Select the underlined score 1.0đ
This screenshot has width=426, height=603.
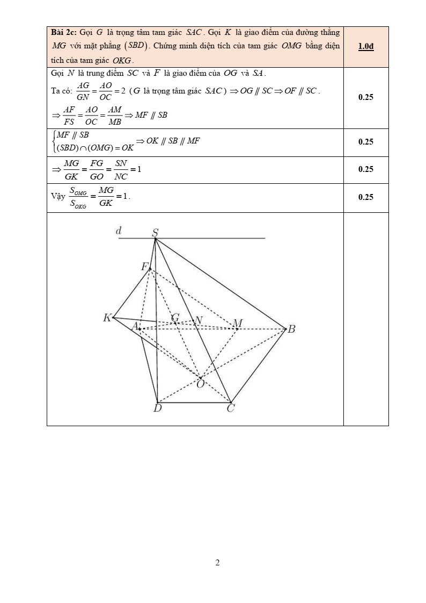tap(365, 46)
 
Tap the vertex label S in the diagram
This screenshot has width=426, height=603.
tap(155, 233)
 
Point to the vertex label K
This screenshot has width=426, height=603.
tap(107, 318)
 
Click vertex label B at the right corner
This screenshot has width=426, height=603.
tap(291, 329)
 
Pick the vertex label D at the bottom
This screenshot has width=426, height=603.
tap(157, 409)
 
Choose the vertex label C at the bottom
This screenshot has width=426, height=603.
tap(230, 409)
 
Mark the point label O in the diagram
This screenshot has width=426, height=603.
tap(200, 384)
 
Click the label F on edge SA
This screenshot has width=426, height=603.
tap(144, 267)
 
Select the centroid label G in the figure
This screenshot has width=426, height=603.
tap(175, 318)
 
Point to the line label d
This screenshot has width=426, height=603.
tap(119, 231)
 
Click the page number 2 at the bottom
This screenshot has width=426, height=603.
tap(217, 563)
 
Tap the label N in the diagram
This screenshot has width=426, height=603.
tap(198, 320)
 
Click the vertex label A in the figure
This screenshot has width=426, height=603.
tap(135, 325)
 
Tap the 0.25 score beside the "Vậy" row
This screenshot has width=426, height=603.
tap(365, 197)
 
